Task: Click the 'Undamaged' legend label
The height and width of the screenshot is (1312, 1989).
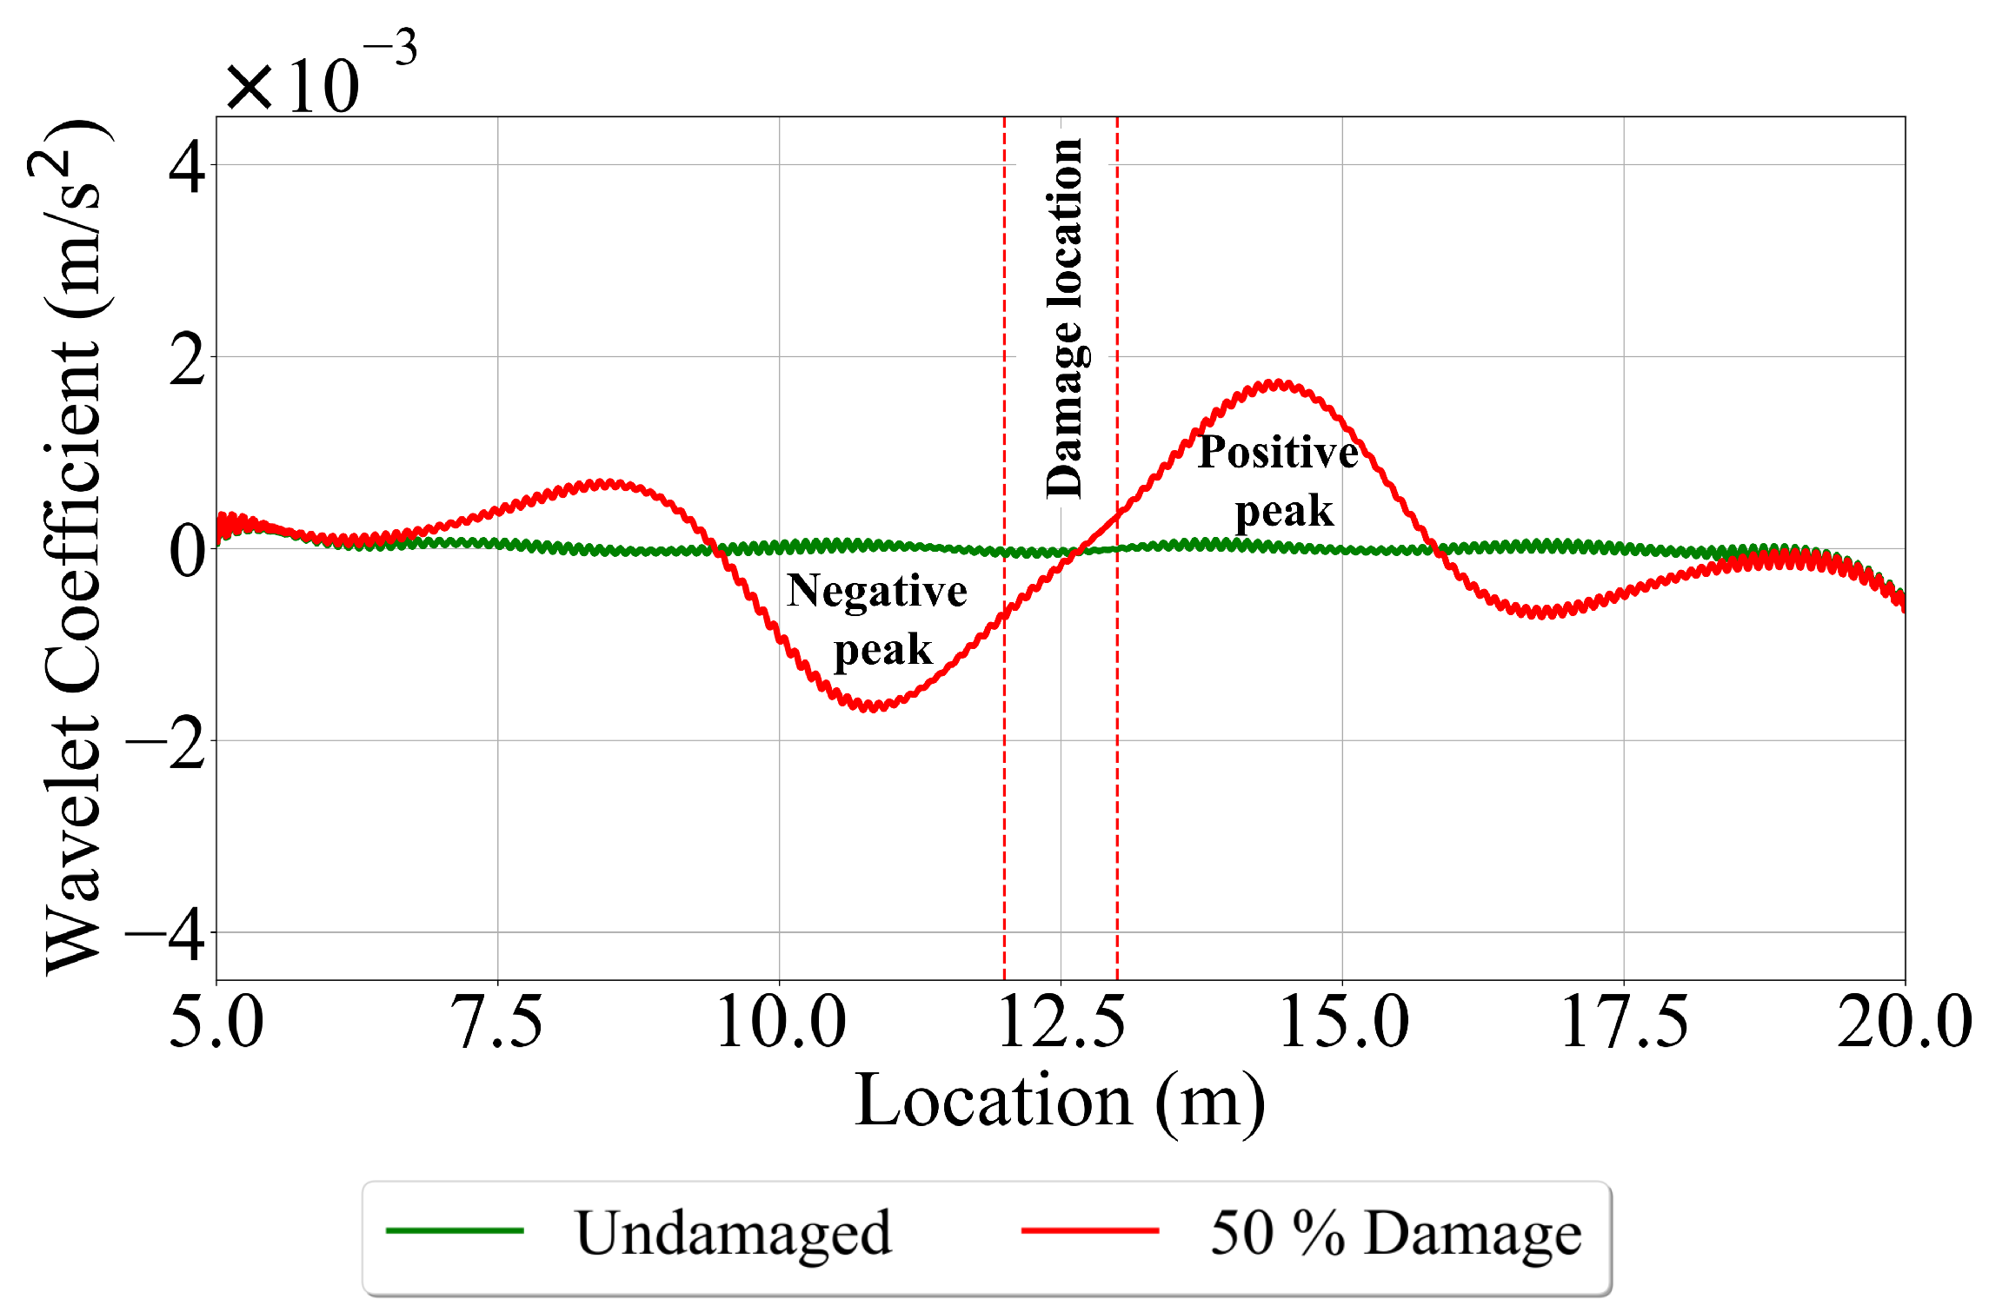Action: pos(733,1233)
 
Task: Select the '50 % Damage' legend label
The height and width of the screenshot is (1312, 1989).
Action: pos(1395,1233)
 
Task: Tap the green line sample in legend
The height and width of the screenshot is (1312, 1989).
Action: pos(455,1230)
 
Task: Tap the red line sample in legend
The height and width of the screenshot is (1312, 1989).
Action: pos(1090,1230)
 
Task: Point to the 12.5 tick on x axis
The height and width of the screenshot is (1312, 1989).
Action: pos(1061,1023)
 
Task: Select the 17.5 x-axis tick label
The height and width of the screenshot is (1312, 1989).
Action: pos(1624,1023)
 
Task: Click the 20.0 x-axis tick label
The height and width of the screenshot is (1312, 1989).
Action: pos(1904,1023)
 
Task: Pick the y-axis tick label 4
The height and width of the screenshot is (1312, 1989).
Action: pos(187,167)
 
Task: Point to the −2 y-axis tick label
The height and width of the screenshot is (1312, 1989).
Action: pos(167,743)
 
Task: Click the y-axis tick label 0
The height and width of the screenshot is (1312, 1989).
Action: pos(187,551)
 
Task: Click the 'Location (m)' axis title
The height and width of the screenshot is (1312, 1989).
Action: pos(1060,1102)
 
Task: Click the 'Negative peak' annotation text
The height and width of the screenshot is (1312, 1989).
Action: pos(878,620)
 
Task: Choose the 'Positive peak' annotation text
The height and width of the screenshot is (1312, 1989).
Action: pos(1279,480)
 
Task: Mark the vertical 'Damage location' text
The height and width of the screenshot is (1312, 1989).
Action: pos(1064,318)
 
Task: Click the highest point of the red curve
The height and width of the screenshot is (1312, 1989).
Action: pos(1276,384)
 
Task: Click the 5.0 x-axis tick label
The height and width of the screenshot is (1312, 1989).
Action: pos(216,1023)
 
